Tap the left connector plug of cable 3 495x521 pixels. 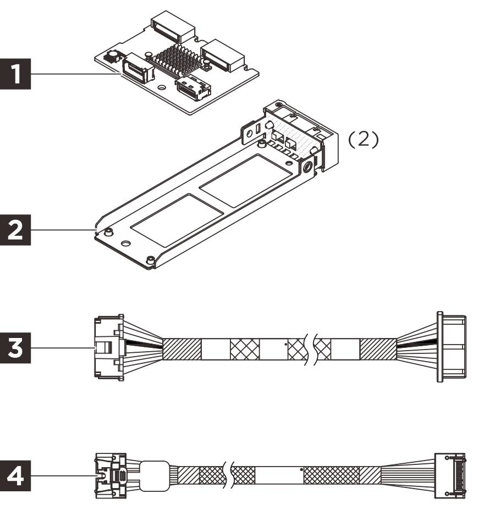tap(107, 347)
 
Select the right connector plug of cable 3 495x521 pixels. tap(451, 347)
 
